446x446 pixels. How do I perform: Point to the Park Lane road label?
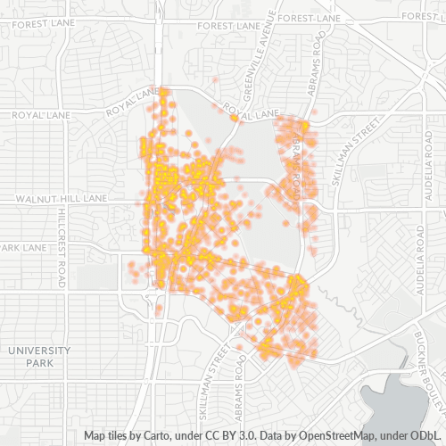coord(23,246)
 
